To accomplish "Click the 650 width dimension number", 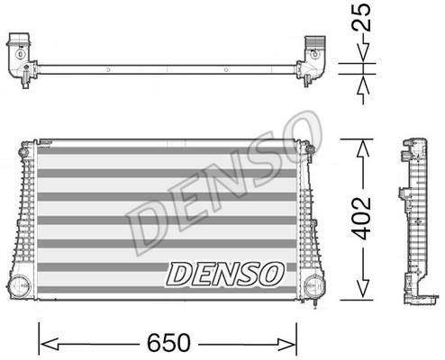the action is (168, 342).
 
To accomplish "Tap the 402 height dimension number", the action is (362, 218).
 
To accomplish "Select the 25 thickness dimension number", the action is (361, 17).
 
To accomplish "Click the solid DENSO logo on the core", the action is (225, 274).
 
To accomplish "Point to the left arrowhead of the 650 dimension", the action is (49, 344).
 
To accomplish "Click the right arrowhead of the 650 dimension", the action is (287, 344).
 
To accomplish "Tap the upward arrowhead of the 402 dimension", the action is (363, 148).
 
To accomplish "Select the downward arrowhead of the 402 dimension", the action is (363, 289).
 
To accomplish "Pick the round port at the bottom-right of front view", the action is (313, 286).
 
